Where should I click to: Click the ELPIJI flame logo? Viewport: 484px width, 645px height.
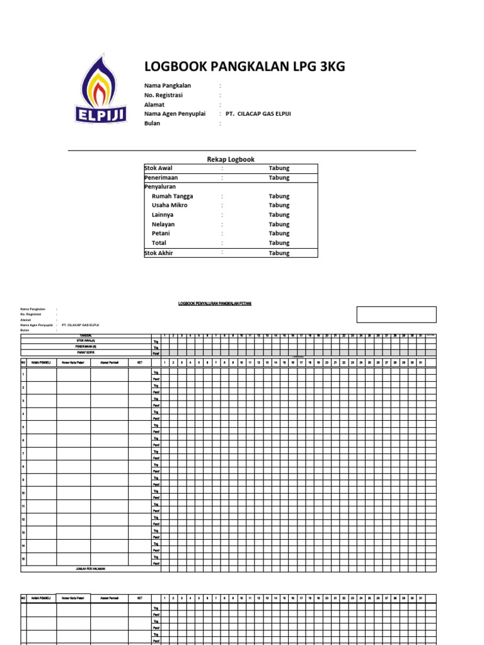tap(101, 89)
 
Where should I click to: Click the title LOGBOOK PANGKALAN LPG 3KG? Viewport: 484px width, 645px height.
tap(245, 67)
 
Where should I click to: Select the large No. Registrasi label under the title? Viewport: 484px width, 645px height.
tap(163, 95)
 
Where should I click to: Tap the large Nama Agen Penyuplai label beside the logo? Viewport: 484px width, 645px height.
tap(175, 114)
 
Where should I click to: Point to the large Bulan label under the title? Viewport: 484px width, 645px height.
tap(152, 123)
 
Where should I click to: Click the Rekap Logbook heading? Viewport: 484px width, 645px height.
tap(231, 159)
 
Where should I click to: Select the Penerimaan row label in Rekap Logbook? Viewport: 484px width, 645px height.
tap(161, 178)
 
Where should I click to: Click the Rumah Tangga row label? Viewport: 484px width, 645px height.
tap(172, 196)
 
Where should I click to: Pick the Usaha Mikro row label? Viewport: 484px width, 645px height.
tap(170, 205)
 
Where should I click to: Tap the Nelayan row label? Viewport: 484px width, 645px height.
tap(163, 224)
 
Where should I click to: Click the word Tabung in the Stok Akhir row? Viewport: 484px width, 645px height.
tap(279, 253)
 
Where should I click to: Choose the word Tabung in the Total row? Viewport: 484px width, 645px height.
tap(279, 243)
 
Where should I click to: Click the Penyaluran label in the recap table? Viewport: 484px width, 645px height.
tap(160, 187)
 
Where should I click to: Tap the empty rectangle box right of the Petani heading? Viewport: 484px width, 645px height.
tap(396, 314)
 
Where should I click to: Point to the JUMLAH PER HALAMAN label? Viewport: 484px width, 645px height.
tap(91, 568)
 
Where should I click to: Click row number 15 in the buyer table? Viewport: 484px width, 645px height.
tap(23, 558)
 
